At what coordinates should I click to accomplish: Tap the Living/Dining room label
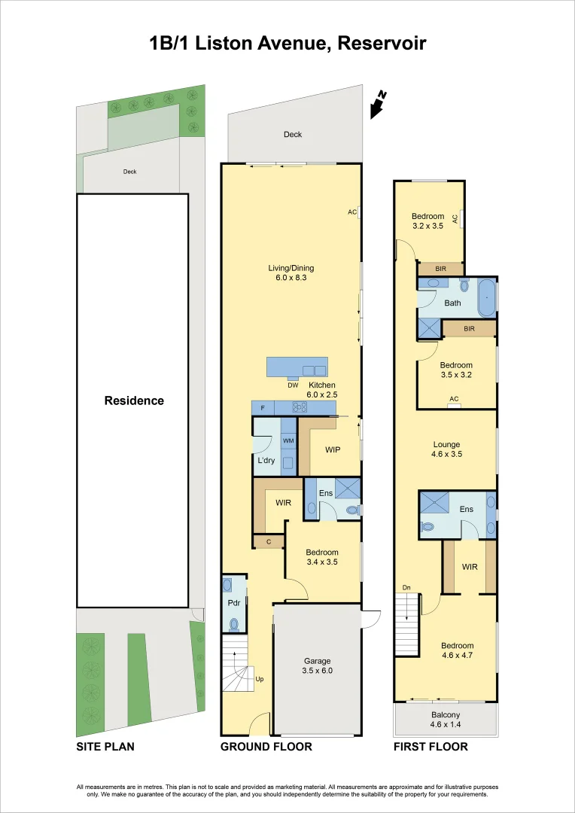point(291,273)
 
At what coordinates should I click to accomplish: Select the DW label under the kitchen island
point(293,385)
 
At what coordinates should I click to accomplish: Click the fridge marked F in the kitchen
point(263,407)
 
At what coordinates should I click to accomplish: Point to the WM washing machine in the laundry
point(288,441)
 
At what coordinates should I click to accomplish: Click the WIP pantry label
point(332,450)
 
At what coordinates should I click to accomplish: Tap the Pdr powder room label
point(233,603)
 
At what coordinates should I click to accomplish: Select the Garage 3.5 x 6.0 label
point(317,665)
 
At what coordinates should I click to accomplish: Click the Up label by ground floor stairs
point(260,679)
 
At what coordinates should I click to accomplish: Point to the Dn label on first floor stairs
point(406,587)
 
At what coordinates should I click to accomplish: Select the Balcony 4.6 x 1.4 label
point(446,720)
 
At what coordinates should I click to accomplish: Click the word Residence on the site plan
point(133,400)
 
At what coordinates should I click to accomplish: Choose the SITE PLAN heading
point(105,747)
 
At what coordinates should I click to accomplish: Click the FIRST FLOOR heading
point(430,747)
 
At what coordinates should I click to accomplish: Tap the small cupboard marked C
point(268,541)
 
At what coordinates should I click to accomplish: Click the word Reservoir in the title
point(382,44)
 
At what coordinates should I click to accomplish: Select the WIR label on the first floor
point(470,567)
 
